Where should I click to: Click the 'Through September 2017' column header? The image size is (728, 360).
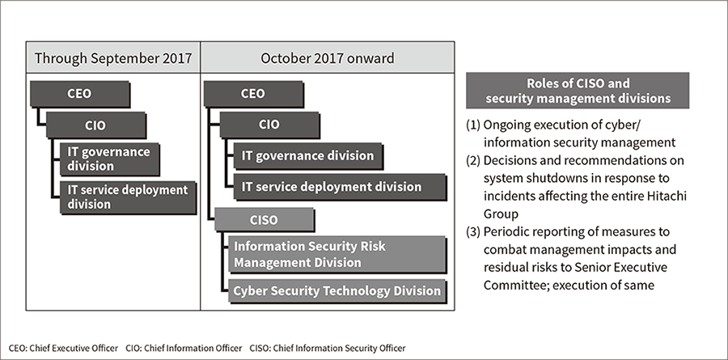[x=112, y=57]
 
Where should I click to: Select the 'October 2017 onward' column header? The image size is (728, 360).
[x=328, y=57]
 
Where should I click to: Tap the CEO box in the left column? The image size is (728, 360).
[x=80, y=94]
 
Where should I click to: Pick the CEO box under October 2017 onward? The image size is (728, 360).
[x=253, y=94]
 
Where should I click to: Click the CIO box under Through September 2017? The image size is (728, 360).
[x=95, y=125]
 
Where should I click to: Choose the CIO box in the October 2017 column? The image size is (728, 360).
[x=269, y=125]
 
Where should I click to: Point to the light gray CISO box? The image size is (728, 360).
[x=265, y=220]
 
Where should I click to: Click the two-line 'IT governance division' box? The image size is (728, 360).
[x=109, y=159]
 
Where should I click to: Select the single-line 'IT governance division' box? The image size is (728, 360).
[x=308, y=156]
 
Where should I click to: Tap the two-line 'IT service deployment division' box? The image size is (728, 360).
[x=128, y=197]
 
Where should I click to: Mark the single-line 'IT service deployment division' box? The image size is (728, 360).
[x=340, y=187]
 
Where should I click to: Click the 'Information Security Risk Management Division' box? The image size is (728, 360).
[x=337, y=255]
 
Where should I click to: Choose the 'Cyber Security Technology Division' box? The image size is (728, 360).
[x=337, y=291]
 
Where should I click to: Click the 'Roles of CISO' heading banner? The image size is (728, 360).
[x=578, y=91]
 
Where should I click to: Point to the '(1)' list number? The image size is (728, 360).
[x=473, y=125]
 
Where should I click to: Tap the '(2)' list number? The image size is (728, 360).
[x=473, y=160]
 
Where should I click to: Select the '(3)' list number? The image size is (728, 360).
[x=473, y=232]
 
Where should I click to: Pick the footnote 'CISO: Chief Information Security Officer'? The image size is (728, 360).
[x=328, y=348]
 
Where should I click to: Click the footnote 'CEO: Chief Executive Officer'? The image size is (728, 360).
[x=63, y=348]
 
